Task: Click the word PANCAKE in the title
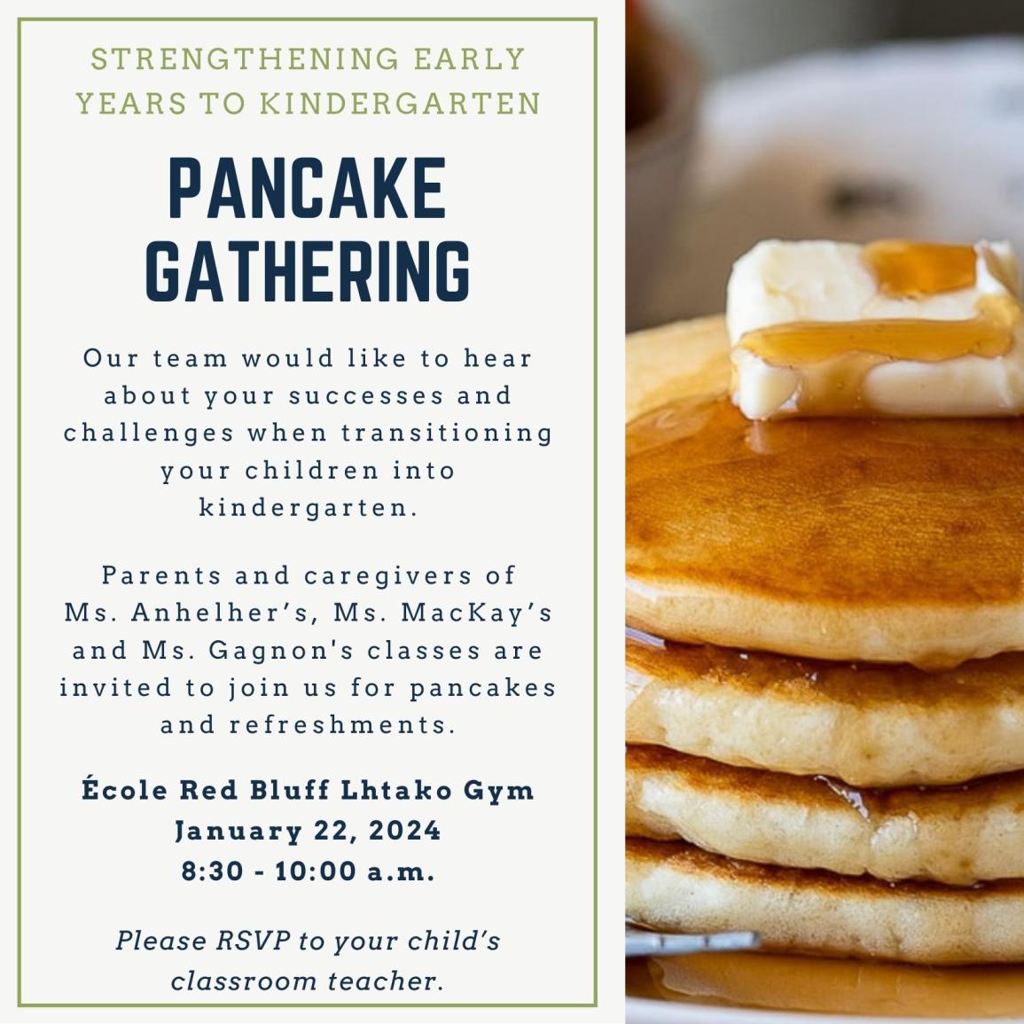tap(308, 187)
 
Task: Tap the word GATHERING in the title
tap(308, 271)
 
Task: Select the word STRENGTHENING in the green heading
tap(245, 59)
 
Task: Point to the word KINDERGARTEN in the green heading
tap(401, 104)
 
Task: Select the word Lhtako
tap(397, 790)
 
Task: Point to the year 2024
tap(405, 831)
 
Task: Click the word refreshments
tap(342, 725)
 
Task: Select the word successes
tap(366, 395)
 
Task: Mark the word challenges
tap(149, 433)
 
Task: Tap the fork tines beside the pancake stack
tap(692, 942)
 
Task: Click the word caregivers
tap(388, 576)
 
